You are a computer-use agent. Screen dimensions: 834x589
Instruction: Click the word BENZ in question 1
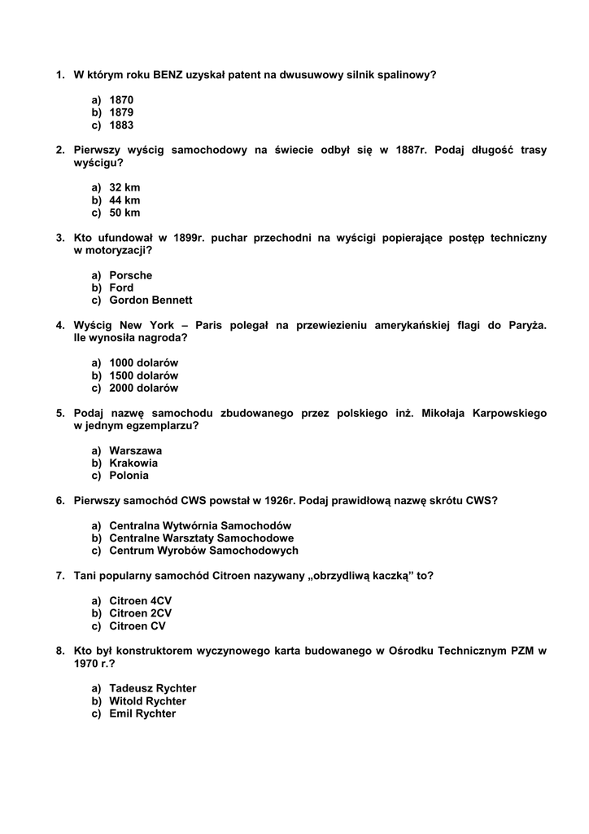tap(168, 75)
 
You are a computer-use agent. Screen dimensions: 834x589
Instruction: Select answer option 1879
tap(121, 112)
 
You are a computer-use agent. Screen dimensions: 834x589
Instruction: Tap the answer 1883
tap(121, 125)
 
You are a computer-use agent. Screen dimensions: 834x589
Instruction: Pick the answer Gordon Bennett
tap(151, 301)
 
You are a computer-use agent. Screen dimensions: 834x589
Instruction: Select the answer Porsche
tap(130, 275)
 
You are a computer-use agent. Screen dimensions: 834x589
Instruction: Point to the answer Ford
tap(121, 288)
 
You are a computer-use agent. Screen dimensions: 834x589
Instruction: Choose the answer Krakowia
tap(133, 463)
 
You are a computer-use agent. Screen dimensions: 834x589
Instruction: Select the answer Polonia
tap(129, 476)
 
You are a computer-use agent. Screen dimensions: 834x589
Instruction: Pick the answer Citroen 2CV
tap(140, 613)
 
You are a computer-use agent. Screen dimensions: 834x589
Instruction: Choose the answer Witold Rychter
tap(147, 701)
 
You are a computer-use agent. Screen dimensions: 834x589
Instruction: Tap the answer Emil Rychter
tap(142, 713)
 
